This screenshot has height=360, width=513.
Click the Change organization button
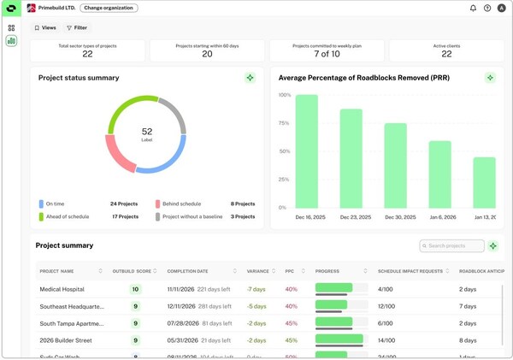pyautogui.click(x=109, y=8)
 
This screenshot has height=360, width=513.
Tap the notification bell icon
pyautogui.click(x=473, y=8)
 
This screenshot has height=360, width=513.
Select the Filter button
pyautogui.click(x=77, y=28)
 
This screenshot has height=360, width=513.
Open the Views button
pyautogui.click(x=45, y=28)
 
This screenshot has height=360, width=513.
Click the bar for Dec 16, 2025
pyautogui.click(x=307, y=151)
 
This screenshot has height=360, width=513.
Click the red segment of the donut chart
pyautogui.click(x=120, y=153)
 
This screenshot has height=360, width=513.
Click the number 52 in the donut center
pyautogui.click(x=147, y=131)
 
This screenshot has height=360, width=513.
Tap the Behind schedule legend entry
pyautogui.click(x=180, y=204)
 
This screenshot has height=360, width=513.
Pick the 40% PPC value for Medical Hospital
pyautogui.click(x=291, y=289)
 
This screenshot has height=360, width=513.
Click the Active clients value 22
pyautogui.click(x=446, y=54)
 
